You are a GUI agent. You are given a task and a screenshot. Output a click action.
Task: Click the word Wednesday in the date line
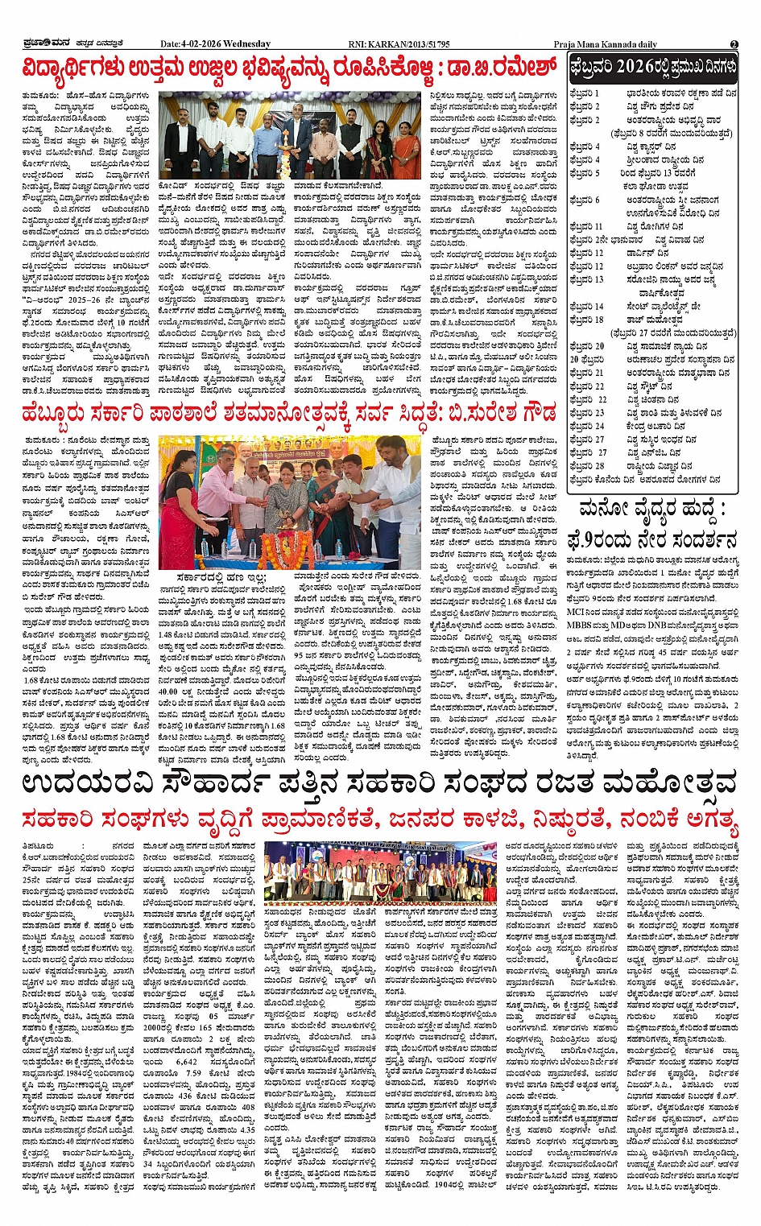coord(249,44)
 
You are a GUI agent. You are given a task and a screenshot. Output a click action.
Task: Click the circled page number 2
coord(734,44)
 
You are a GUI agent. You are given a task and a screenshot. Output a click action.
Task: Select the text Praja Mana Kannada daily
coord(606,44)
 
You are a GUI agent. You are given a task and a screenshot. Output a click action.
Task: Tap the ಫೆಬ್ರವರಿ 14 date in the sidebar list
coord(587,307)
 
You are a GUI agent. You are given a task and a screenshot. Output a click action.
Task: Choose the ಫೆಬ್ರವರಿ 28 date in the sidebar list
coord(587,466)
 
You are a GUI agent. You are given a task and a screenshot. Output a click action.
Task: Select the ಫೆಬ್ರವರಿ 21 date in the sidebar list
coord(587,373)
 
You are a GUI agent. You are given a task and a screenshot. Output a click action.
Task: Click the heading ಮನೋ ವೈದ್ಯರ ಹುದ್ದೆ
coord(653,509)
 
